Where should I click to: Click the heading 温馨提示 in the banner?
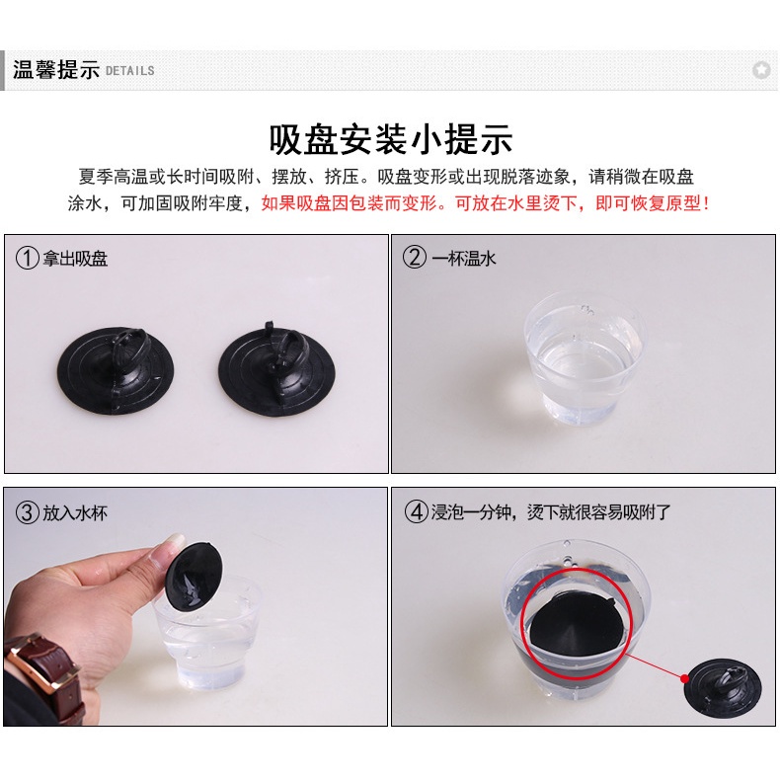coord(56,70)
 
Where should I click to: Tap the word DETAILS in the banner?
coord(129,71)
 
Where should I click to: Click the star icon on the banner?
coord(761,70)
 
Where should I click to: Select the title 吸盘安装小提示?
coord(391,140)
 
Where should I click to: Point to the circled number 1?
coord(28,258)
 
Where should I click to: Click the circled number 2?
coord(415,257)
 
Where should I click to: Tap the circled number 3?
coord(28,512)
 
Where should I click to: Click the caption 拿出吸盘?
coord(75,259)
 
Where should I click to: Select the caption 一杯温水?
coord(464,258)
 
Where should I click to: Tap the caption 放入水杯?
coord(75,512)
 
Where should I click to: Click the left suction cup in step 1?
coord(116,370)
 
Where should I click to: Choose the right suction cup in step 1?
coord(277,368)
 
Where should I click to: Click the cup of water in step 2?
coord(585,358)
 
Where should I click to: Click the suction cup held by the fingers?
coord(195,576)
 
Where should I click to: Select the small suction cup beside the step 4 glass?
coord(723,688)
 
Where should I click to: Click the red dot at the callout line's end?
coord(685,678)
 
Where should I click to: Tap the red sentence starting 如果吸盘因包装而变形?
coord(486,203)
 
